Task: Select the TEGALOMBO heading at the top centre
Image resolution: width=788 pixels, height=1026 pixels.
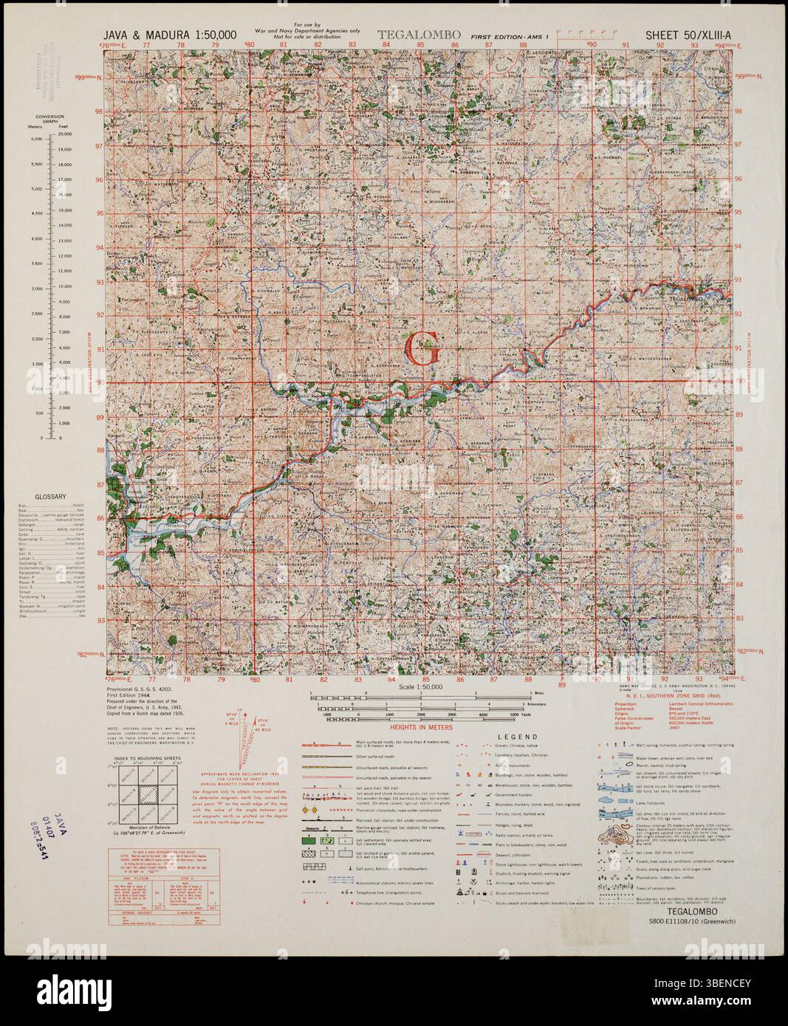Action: pyautogui.click(x=419, y=35)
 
